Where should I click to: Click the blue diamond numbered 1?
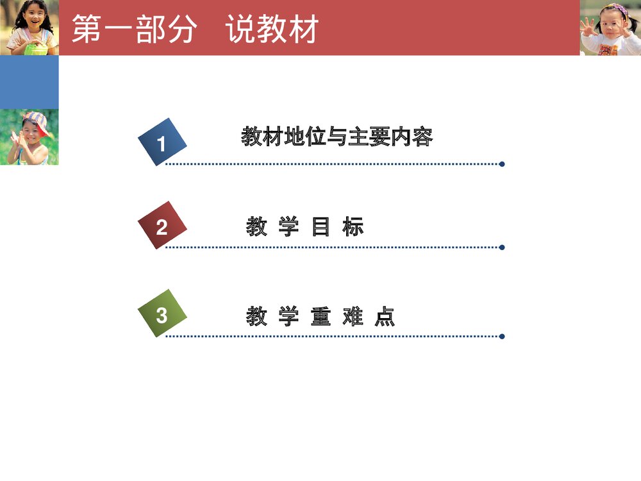click(x=162, y=142)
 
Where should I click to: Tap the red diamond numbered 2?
click(x=162, y=226)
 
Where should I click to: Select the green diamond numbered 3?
click(x=162, y=314)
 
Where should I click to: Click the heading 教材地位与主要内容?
click(x=337, y=137)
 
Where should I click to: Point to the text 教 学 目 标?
click(x=305, y=226)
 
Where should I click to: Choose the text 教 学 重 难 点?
click(x=320, y=316)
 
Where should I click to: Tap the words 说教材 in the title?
click(x=273, y=30)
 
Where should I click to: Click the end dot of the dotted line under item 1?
click(x=502, y=164)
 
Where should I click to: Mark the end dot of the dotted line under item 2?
click(x=502, y=247)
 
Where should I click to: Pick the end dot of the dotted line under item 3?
click(x=502, y=336)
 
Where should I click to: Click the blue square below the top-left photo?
click(x=29, y=82)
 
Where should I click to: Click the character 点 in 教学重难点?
click(x=385, y=316)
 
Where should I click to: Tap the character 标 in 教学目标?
click(x=353, y=226)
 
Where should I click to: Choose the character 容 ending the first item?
click(x=422, y=137)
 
